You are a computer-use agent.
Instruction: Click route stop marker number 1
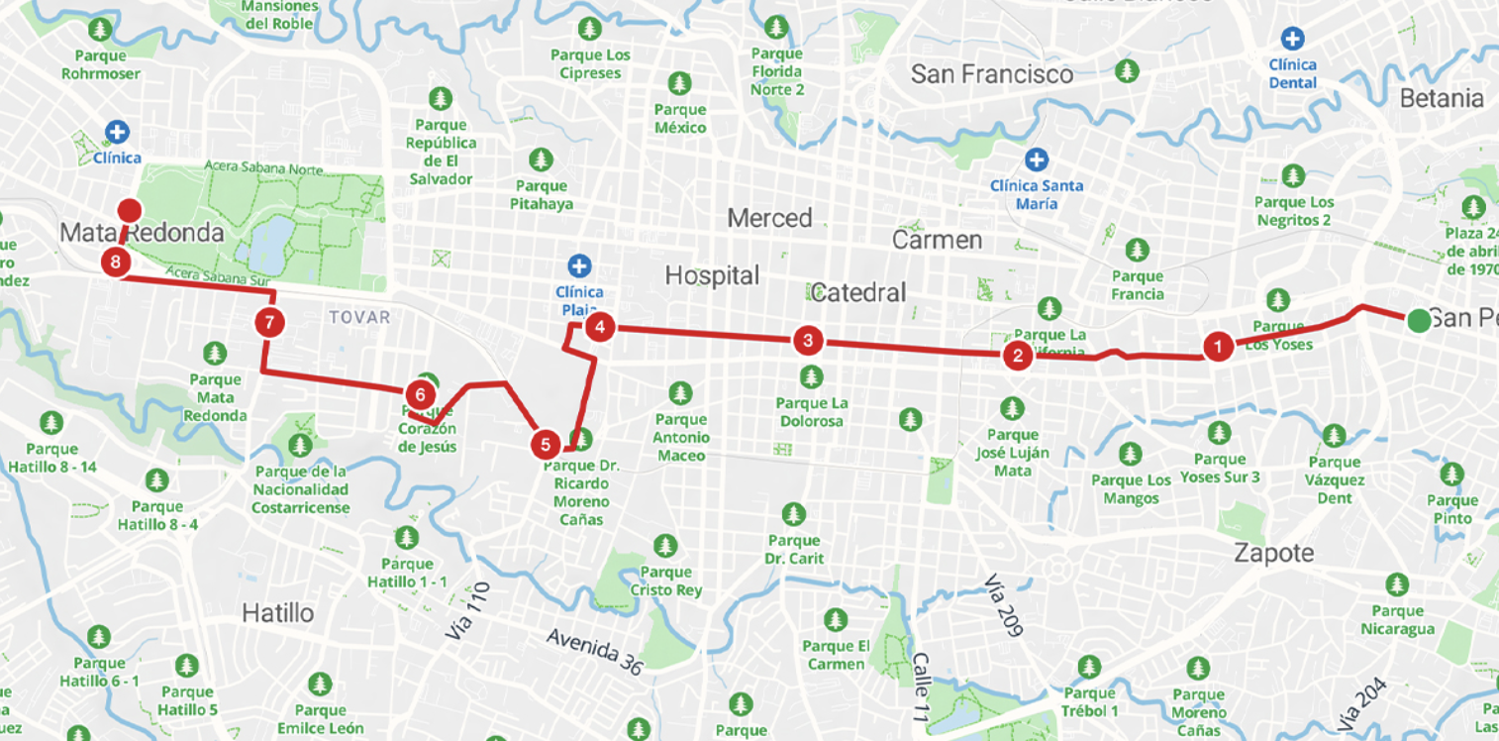pos(1218,346)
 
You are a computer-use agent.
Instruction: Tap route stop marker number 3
pos(808,341)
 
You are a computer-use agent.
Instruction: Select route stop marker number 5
pos(545,445)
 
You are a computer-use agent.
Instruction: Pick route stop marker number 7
pos(268,322)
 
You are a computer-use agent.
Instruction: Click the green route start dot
pos(1419,320)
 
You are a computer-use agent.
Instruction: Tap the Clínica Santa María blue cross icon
pos(1037,159)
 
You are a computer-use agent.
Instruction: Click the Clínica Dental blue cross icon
pos(1292,40)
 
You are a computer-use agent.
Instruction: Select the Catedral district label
pos(857,292)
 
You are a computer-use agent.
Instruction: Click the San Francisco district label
pos(991,74)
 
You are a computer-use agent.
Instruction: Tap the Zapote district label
pos(1273,553)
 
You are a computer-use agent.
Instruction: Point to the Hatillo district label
pos(277,613)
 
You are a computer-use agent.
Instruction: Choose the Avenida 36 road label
pos(594,651)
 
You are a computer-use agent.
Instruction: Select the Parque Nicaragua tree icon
pos(1397,585)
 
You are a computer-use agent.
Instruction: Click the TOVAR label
pos(358,317)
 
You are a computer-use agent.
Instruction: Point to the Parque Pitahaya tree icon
pos(541,159)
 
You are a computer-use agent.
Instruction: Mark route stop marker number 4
pos(599,326)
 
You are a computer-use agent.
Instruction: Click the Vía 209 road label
pos(1003,604)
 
